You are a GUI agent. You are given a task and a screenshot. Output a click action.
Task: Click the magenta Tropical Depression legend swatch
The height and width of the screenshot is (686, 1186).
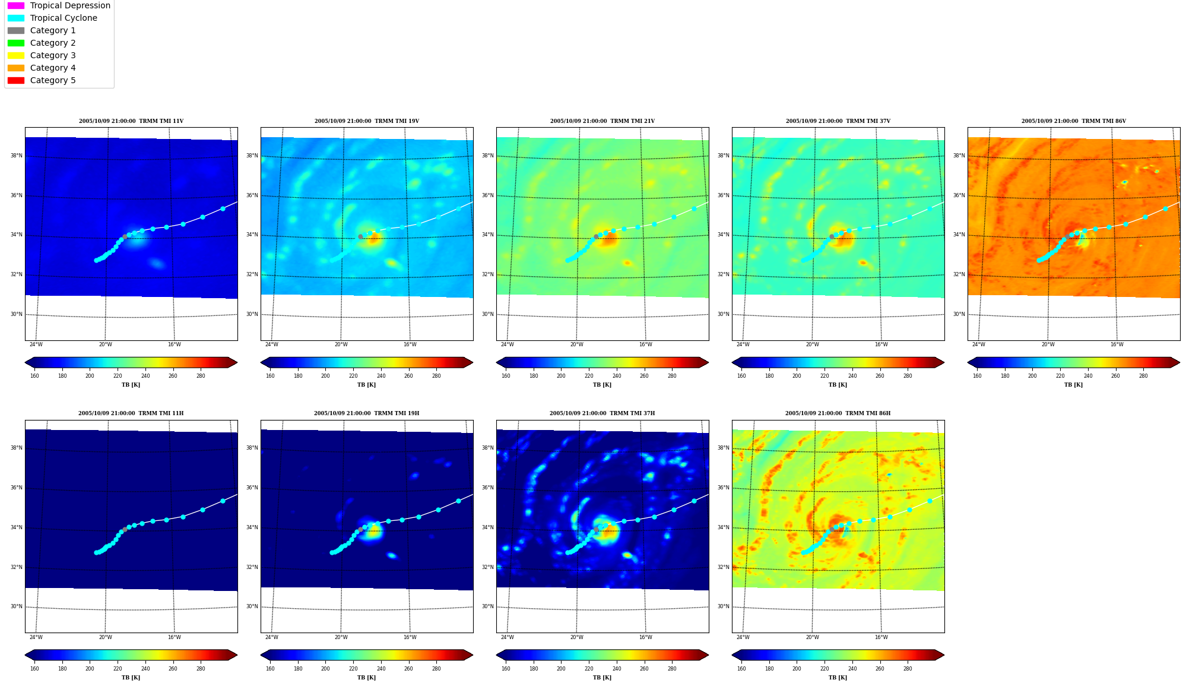click(16, 5)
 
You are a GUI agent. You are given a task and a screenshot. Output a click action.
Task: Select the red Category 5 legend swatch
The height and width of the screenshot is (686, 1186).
click(16, 80)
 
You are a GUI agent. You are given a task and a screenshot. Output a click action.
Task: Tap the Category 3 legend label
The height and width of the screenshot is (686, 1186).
click(53, 55)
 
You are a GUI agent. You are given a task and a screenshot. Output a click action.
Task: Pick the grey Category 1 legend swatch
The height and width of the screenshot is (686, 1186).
click(16, 30)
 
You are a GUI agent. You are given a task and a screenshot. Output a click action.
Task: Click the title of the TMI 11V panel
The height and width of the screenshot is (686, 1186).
click(131, 121)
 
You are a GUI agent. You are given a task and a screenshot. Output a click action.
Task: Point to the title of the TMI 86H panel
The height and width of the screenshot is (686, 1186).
click(838, 413)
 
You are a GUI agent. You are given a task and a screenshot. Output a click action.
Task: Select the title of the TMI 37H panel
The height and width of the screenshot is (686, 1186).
click(602, 413)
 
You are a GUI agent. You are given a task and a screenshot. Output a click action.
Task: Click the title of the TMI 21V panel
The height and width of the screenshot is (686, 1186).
click(602, 121)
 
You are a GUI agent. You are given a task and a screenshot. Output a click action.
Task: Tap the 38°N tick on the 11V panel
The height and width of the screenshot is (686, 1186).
click(16, 156)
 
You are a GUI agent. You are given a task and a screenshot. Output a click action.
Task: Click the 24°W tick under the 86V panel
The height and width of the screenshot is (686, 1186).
click(978, 344)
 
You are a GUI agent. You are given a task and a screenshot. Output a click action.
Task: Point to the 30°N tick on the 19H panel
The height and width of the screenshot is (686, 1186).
click(252, 606)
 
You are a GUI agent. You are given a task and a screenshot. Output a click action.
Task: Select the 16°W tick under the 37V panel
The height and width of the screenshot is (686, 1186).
click(881, 344)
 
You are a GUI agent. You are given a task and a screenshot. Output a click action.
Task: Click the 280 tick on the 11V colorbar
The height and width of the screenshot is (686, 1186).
click(201, 376)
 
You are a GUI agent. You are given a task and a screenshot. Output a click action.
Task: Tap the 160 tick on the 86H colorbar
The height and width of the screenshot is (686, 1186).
click(741, 669)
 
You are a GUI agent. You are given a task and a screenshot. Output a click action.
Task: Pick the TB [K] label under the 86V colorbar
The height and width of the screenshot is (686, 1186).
click(1073, 385)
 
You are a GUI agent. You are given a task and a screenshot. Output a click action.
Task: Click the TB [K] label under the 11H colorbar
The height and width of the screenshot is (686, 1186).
click(131, 678)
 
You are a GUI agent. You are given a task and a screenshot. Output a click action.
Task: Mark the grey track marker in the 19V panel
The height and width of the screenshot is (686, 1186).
click(360, 236)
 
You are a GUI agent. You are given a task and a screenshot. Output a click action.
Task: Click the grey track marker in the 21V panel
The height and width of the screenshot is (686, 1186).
click(596, 236)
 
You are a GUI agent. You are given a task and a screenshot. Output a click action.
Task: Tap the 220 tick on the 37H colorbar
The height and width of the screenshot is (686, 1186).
click(589, 669)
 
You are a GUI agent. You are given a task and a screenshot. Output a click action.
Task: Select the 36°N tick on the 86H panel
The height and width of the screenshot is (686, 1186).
click(723, 488)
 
